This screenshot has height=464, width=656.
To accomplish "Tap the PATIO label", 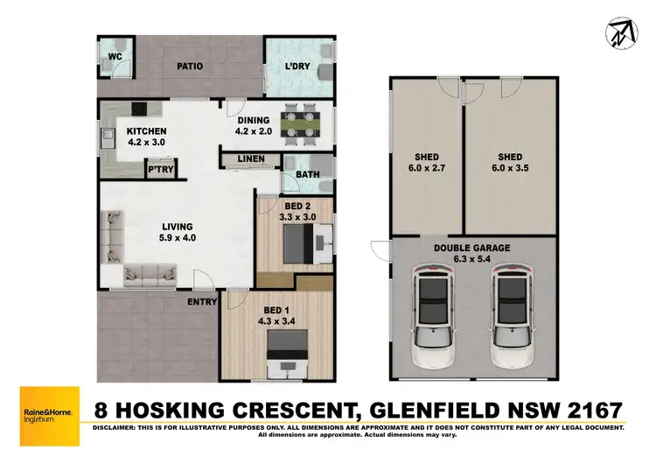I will click(190, 66).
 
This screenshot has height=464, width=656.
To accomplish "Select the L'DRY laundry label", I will click(300, 67).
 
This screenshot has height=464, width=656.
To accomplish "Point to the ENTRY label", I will click(202, 302).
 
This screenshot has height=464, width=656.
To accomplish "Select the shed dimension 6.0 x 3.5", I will click(510, 169).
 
